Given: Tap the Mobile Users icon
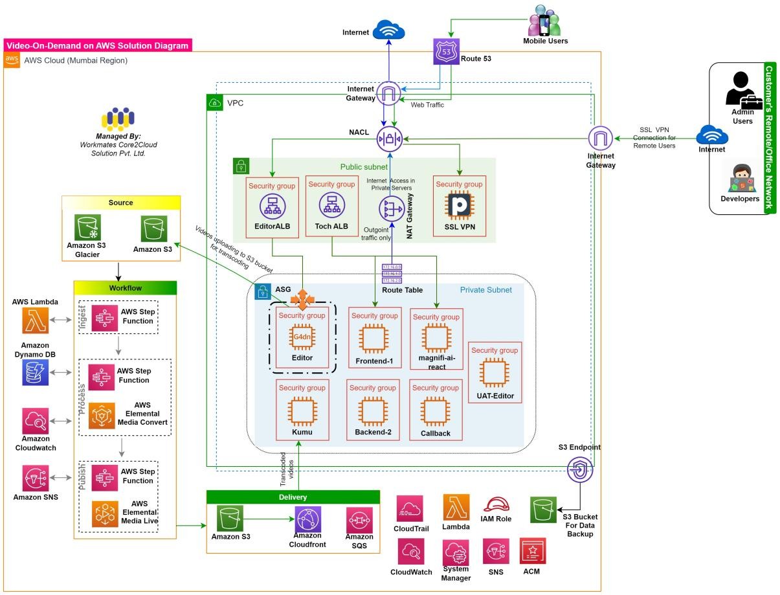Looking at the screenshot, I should [x=544, y=21].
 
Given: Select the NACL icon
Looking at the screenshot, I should [x=390, y=138].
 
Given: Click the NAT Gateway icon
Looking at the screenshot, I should [x=391, y=209].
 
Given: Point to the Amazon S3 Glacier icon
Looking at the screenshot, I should [x=86, y=227].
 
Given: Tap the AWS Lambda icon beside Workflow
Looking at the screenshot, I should [x=36, y=320].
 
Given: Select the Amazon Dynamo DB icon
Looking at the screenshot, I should [x=36, y=372].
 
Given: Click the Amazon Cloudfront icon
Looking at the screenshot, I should [x=308, y=519].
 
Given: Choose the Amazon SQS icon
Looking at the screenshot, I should [x=359, y=520].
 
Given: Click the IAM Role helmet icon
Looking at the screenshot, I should [x=496, y=504].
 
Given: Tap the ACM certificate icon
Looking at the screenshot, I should [x=533, y=551].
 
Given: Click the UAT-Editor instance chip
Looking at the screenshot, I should [x=494, y=372].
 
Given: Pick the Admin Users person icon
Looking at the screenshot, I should [x=741, y=89].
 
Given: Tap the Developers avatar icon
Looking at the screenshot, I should [x=740, y=179].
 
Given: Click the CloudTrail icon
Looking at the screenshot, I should [x=410, y=508].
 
